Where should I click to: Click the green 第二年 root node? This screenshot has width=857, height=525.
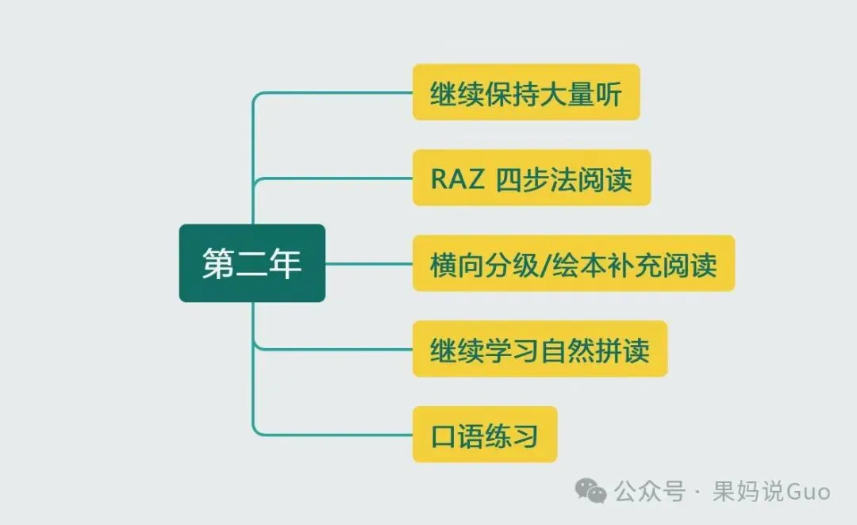click(252, 263)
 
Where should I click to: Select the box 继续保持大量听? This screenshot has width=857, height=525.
click(525, 92)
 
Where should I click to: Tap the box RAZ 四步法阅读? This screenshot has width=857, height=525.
click(531, 178)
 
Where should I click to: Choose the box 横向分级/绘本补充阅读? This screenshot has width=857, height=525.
click(573, 263)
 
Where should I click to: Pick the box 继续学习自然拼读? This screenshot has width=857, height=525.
click(540, 349)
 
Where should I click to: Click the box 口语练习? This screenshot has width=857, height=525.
click(484, 435)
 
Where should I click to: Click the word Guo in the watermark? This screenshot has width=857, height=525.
click(808, 492)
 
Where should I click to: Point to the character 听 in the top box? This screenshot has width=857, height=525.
click(607, 94)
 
